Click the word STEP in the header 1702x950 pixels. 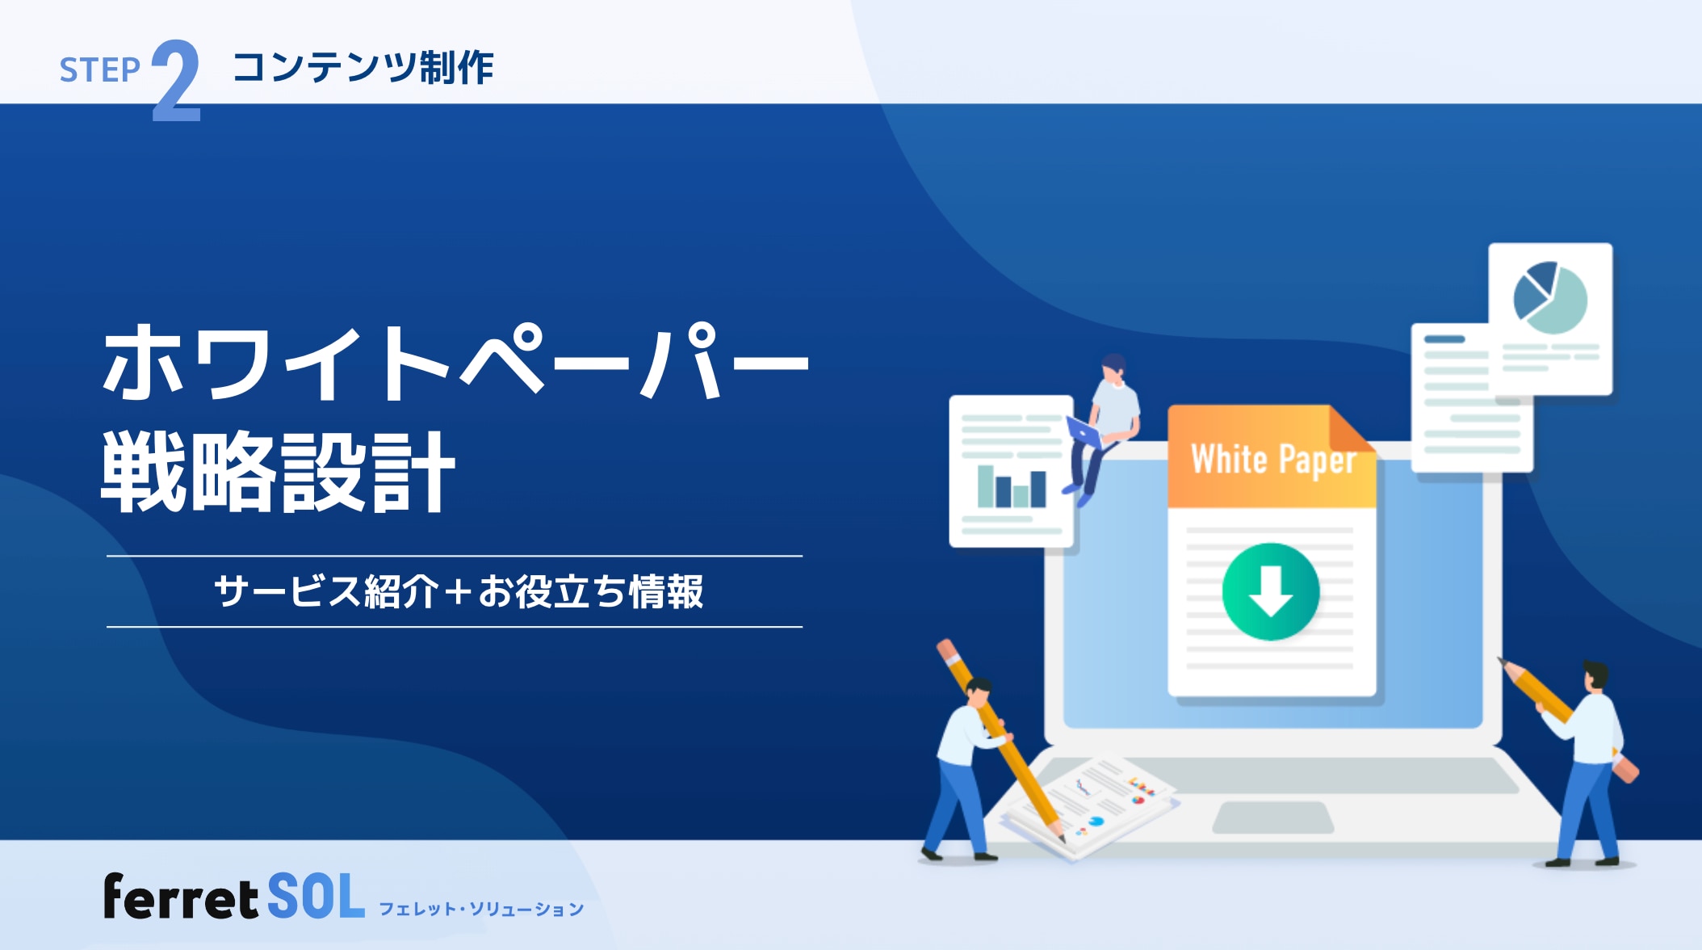tap(99, 70)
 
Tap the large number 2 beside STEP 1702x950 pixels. tap(176, 81)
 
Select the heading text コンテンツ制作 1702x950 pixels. tap(363, 67)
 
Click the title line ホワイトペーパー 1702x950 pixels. tap(455, 363)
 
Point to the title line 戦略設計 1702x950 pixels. tap(278, 473)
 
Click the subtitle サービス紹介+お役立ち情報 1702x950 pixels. tap(458, 591)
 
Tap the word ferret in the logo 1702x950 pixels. tap(180, 897)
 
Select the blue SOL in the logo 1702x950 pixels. tap(316, 897)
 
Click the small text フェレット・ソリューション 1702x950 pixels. tap(481, 910)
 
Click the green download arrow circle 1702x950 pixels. tap(1270, 591)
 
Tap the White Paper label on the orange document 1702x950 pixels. tap(1272, 460)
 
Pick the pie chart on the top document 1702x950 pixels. tap(1549, 297)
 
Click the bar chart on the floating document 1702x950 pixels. tap(1011, 486)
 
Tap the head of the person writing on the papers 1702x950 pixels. tap(978, 691)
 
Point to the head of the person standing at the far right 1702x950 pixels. tap(1595, 675)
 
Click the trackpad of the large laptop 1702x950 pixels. tap(1272, 818)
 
